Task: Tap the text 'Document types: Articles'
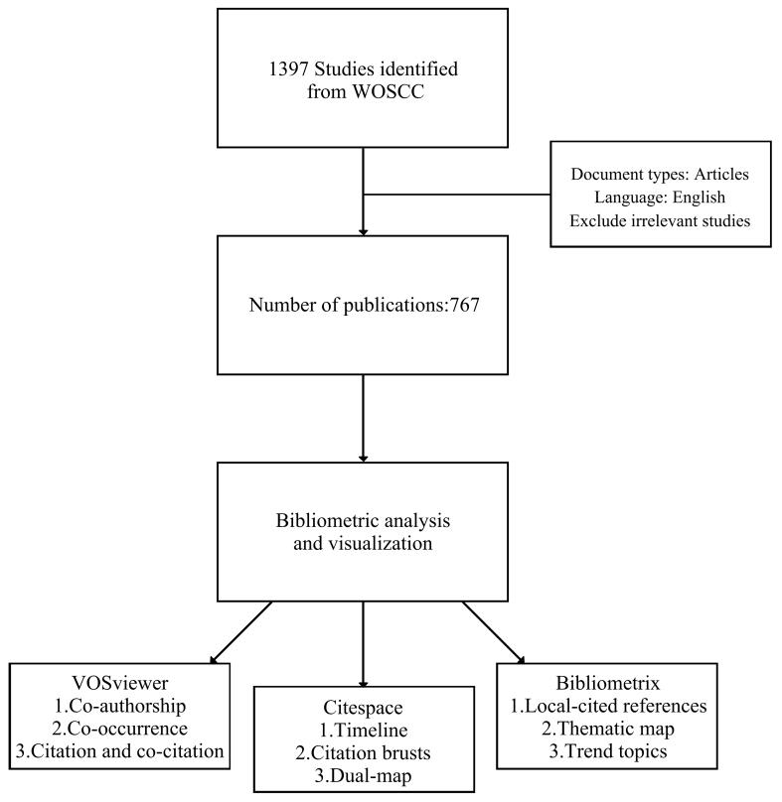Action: click(x=660, y=174)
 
